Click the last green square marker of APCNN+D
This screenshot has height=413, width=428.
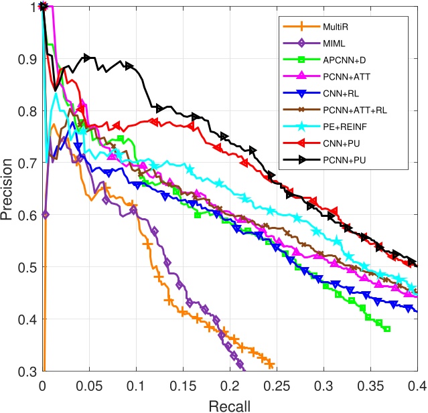(386, 329)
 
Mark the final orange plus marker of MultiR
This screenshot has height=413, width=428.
(271, 364)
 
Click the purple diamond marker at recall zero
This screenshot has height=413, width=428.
(44, 214)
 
